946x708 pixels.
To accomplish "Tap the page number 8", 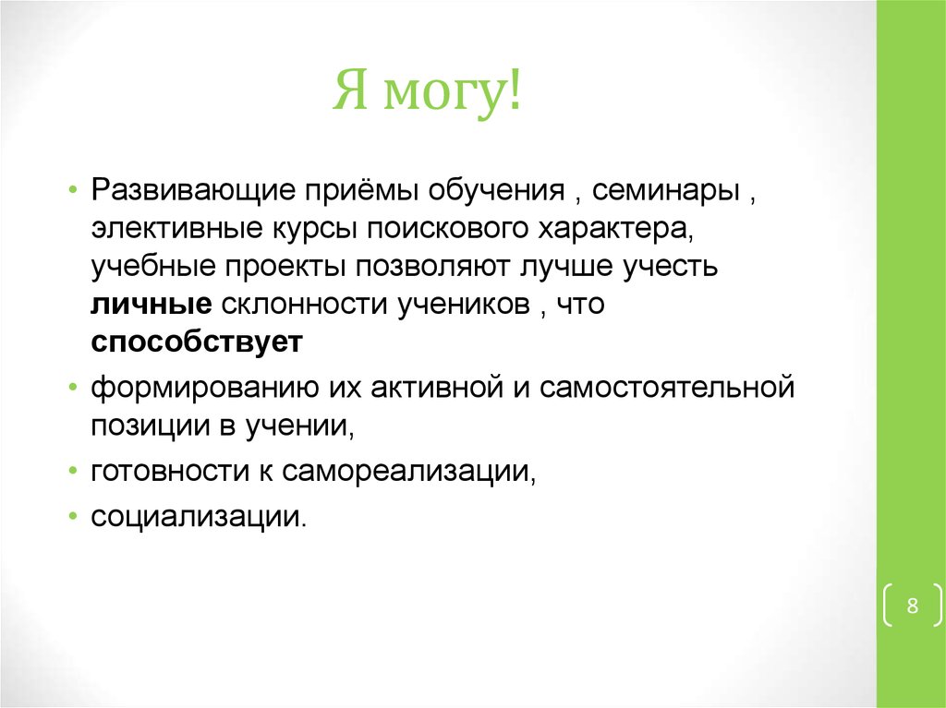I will (x=912, y=606).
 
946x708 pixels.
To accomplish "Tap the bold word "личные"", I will (x=152, y=305).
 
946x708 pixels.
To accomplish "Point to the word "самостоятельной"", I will (x=667, y=386).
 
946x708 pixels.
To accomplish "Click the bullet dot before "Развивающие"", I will (x=72, y=190).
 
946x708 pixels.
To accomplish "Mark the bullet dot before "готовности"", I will (x=72, y=471).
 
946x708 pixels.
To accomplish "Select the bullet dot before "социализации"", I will (x=72, y=517).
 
